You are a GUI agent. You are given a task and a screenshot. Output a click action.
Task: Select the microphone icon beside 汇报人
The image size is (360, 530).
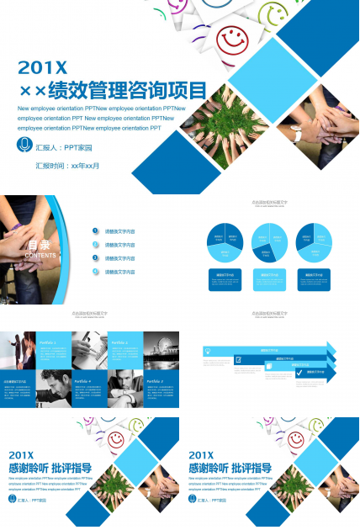coord(24,145)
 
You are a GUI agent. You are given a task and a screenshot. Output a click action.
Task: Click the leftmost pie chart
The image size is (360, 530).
coord(225,241)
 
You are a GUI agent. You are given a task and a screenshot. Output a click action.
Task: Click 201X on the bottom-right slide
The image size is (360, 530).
coord(206,454)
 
